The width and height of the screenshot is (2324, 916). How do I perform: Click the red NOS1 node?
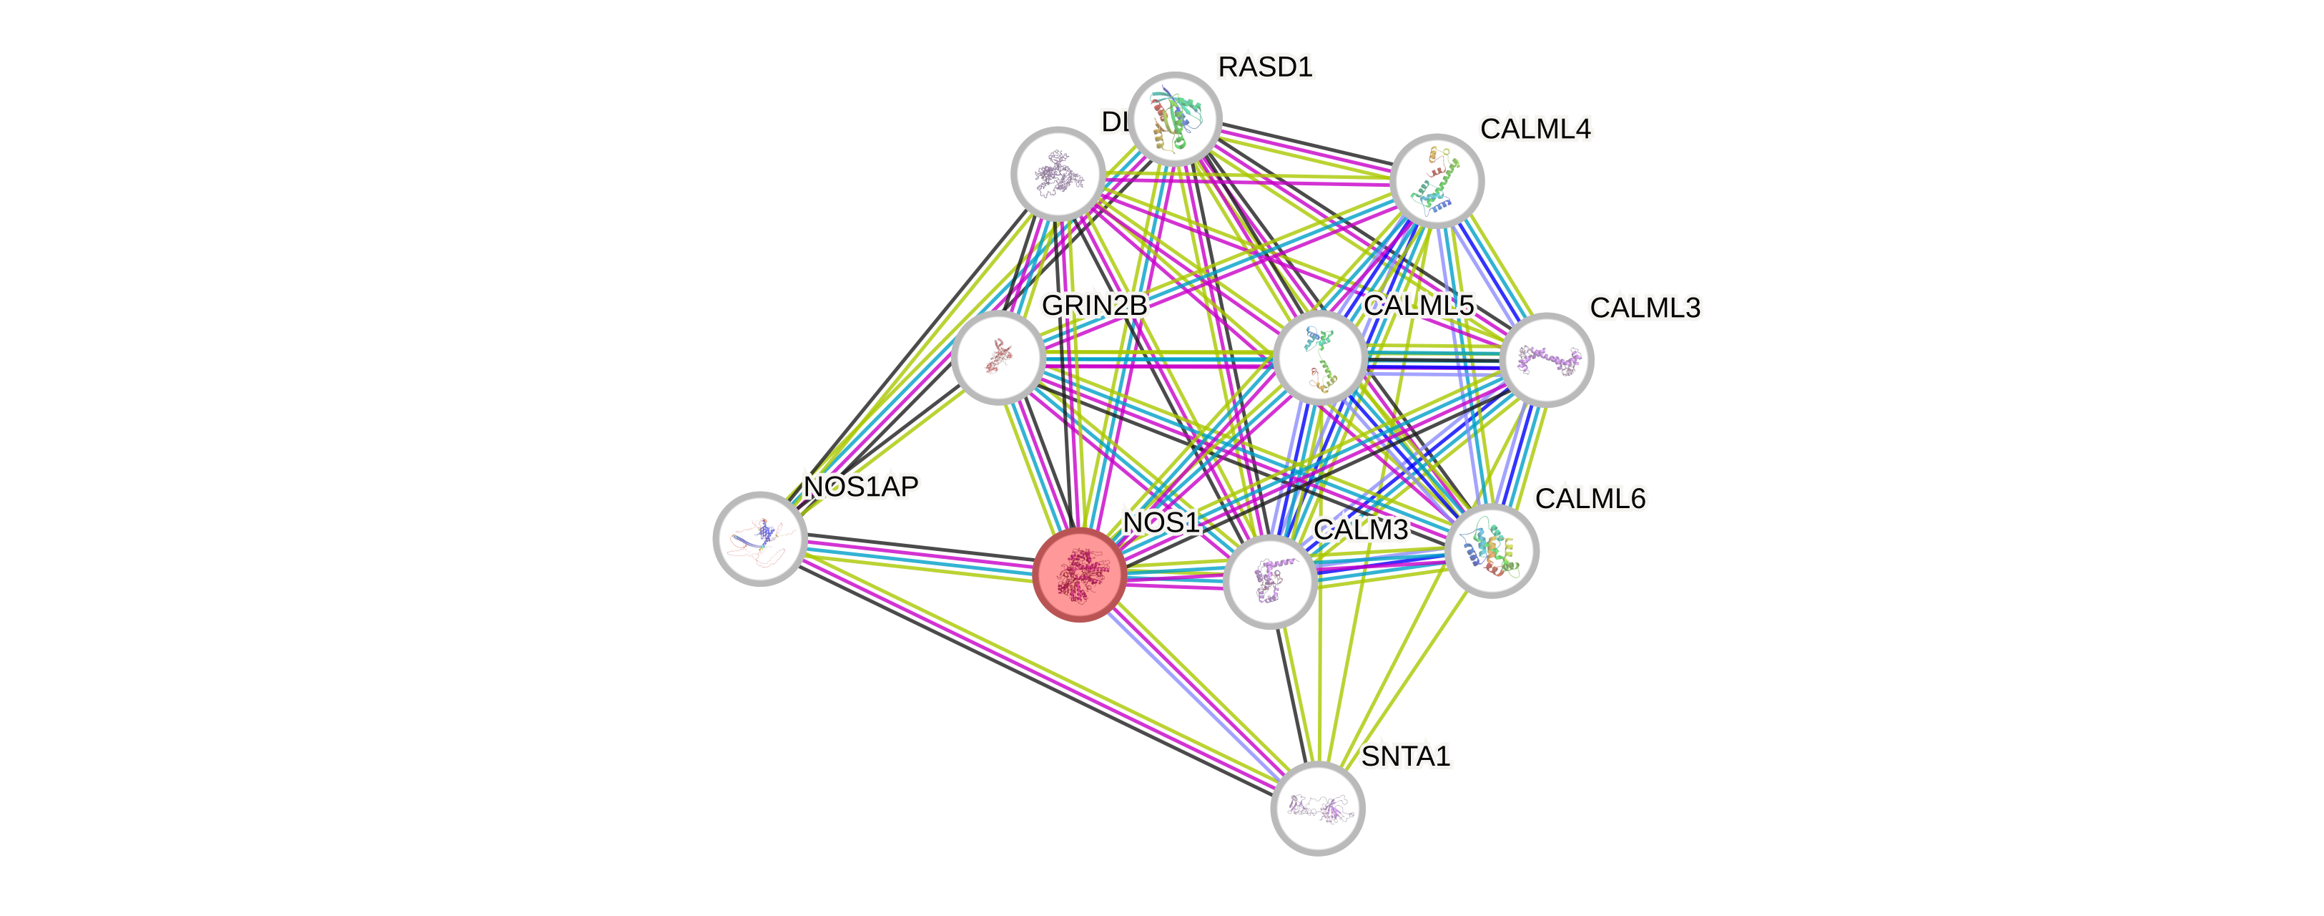pyautogui.click(x=1079, y=574)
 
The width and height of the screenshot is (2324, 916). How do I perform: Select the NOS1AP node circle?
pyautogui.click(x=759, y=539)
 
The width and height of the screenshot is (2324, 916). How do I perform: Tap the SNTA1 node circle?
pyautogui.click(x=1317, y=808)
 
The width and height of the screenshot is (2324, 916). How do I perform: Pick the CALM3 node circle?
pyautogui.click(x=1270, y=580)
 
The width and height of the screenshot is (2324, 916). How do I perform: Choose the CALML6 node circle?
pyautogui.click(x=1492, y=550)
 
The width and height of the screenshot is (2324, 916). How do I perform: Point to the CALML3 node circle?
pyautogui.click(x=1546, y=359)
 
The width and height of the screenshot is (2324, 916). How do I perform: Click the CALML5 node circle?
pyautogui.click(x=1320, y=356)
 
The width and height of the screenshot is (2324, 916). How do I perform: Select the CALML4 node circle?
pyautogui.click(x=1437, y=180)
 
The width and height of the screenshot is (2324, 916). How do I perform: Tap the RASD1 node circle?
pyautogui.click(x=1175, y=119)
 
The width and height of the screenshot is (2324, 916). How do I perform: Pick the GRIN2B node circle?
pyautogui.click(x=998, y=357)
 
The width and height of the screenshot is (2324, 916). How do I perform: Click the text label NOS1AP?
pyautogui.click(x=861, y=487)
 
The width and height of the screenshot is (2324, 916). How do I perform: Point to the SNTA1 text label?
pyautogui.click(x=1406, y=756)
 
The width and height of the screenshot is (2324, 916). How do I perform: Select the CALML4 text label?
pyautogui.click(x=1535, y=129)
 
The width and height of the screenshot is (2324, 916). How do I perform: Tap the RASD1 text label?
pyautogui.click(x=1265, y=67)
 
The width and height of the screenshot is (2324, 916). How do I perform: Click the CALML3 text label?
pyautogui.click(x=1645, y=308)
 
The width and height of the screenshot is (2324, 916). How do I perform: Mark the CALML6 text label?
pyautogui.click(x=1590, y=498)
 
